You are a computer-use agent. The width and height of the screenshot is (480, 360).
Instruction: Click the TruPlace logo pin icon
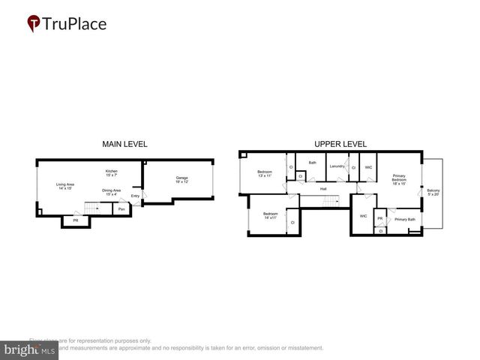pyautogui.click(x=34, y=24)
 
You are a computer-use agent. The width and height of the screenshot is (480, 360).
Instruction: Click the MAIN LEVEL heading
pyautogui.click(x=124, y=144)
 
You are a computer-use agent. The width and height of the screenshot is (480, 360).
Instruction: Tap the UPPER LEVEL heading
pyautogui.click(x=340, y=144)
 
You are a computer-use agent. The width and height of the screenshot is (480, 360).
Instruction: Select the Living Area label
pyautogui.click(x=64, y=186)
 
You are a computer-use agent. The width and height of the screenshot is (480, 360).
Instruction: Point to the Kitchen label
pyautogui.click(x=111, y=173)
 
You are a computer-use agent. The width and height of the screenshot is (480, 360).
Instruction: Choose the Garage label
pyautogui.click(x=182, y=180)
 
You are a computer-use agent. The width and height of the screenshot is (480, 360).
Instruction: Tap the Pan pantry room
pyautogui.click(x=121, y=209)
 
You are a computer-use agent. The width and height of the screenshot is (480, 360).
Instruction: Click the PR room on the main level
pyautogui.click(x=75, y=220)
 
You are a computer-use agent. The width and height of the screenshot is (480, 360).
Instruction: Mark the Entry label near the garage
pyautogui.click(x=135, y=196)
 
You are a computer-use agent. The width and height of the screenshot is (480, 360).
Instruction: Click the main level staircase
pyautogui.click(x=94, y=208)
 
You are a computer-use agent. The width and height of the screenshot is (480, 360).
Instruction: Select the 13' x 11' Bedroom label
pyautogui.click(x=265, y=174)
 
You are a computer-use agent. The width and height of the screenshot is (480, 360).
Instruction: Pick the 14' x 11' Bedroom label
pyautogui.click(x=270, y=216)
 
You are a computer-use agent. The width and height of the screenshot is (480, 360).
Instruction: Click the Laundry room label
pyautogui.click(x=337, y=166)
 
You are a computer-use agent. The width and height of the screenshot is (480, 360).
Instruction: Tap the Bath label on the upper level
pyautogui.click(x=312, y=162)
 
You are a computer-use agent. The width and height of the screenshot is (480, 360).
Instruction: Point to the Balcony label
pyautogui.click(x=433, y=192)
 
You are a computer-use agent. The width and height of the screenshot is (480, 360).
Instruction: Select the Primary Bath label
pyautogui.click(x=405, y=219)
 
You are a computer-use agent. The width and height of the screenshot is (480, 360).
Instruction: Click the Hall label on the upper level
pyautogui.click(x=323, y=189)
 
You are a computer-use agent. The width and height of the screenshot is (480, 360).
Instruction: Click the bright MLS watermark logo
pyautogui.click(x=29, y=349)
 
